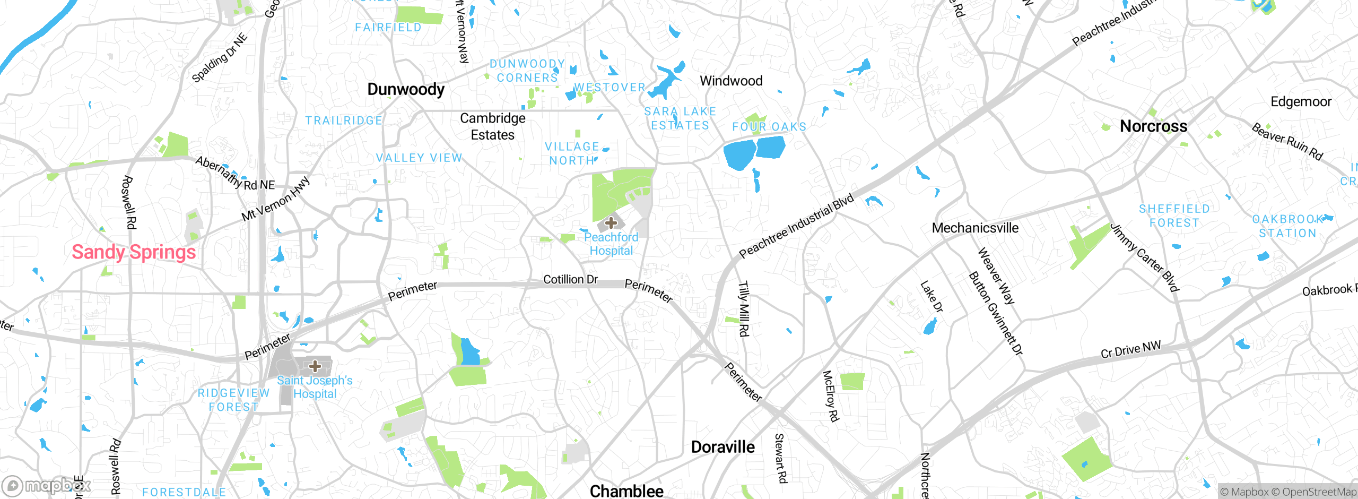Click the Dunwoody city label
(x=406, y=89)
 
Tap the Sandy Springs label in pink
(x=134, y=252)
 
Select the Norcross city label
(x=1153, y=126)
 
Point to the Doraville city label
(x=722, y=447)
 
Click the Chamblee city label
(x=626, y=491)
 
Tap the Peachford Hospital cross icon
(x=611, y=223)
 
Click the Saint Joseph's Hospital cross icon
(x=315, y=366)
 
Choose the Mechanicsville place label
(x=975, y=228)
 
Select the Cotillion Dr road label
(x=570, y=279)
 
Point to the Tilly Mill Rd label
(x=744, y=308)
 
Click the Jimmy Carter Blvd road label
(x=1144, y=257)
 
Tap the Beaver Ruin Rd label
(x=1287, y=141)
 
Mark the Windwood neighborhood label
(x=731, y=81)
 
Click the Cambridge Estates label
(x=493, y=126)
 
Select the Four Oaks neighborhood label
(x=769, y=127)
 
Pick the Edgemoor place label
(x=1301, y=101)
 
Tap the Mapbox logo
(x=47, y=486)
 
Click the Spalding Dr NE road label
(x=220, y=58)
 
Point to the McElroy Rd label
(x=831, y=396)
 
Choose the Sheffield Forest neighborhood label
(x=1174, y=216)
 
